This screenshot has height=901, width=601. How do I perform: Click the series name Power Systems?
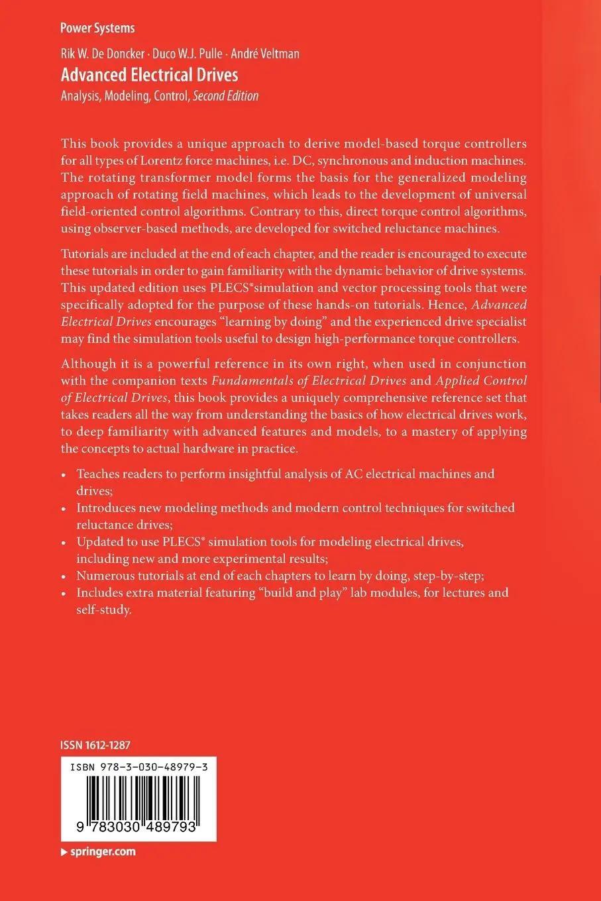pyautogui.click(x=97, y=28)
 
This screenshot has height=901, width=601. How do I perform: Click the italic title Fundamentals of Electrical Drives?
pyautogui.click(x=308, y=381)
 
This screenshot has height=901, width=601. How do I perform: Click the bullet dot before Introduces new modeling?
pyautogui.click(x=64, y=509)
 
